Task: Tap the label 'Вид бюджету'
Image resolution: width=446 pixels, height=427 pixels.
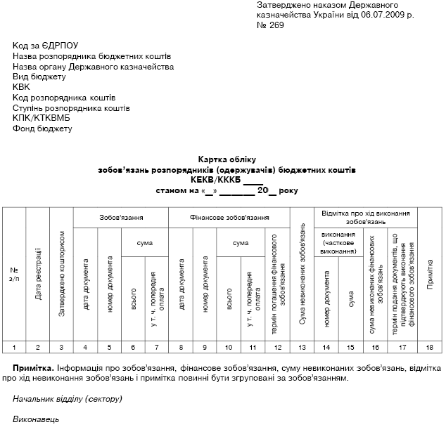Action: pos(39,77)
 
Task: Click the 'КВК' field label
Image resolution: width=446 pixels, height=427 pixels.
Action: pos(22,87)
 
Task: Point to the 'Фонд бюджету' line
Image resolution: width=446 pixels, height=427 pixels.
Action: pos(42,129)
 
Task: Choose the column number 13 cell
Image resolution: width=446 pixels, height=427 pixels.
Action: pos(302,346)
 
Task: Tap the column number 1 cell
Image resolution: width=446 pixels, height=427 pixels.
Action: pos(14,346)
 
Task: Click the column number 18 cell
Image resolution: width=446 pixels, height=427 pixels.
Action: pos(430,346)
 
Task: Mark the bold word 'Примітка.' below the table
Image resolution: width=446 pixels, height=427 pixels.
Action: pos(34,367)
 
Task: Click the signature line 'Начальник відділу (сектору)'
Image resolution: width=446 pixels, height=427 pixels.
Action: pos(68,399)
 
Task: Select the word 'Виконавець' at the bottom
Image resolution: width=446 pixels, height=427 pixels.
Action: pos(36,419)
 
